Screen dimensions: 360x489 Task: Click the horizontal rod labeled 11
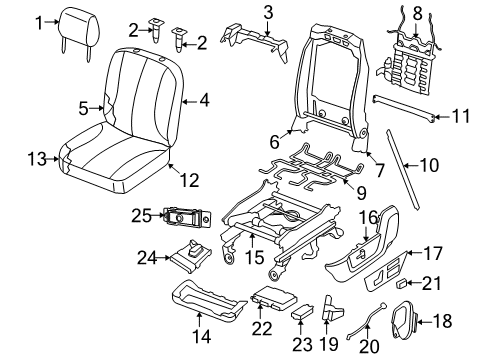404,112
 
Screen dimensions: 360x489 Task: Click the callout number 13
36,157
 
